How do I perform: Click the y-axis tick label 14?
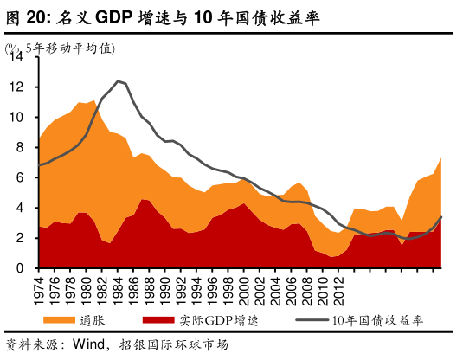coord(18,57)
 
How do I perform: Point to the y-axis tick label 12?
coord(18,87)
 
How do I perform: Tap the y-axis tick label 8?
coord(22,148)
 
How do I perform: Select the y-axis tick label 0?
coord(22,268)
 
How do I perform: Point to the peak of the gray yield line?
coord(118,80)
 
